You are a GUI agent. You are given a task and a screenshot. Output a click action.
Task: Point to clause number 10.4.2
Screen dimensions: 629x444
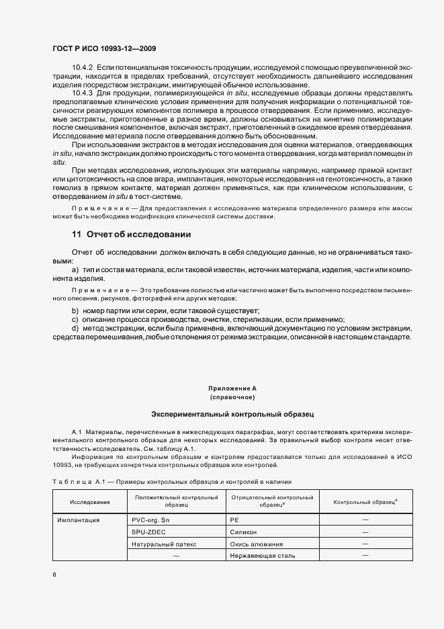[83, 68]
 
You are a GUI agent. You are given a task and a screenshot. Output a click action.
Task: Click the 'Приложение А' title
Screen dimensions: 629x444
[232, 388]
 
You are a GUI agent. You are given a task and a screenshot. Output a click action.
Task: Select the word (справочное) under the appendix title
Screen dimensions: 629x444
[232, 397]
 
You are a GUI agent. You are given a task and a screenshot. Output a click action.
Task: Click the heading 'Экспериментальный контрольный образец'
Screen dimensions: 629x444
[232, 415]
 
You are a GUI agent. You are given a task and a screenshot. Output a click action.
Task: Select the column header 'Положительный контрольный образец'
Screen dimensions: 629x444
[176, 501]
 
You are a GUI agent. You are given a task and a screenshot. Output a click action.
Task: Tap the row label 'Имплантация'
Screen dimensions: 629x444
[79, 519]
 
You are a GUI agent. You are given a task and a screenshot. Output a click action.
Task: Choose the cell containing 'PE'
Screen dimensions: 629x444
[235, 519]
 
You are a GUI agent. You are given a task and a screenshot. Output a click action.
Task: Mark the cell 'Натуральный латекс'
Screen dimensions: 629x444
[164, 544]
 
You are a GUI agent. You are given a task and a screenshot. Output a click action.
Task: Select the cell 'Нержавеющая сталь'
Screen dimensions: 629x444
[262, 556]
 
